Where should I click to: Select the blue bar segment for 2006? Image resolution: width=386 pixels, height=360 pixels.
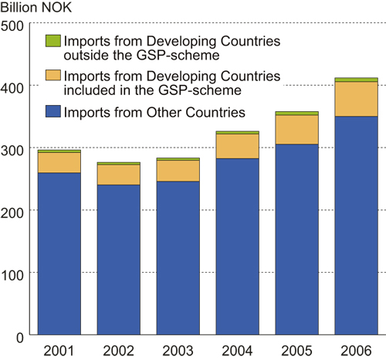(x=355, y=226)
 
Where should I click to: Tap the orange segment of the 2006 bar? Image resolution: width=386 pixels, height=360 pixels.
(x=355, y=99)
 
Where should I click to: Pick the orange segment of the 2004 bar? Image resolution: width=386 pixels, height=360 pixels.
(x=237, y=146)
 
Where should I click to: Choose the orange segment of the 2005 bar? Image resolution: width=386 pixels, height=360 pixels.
(x=296, y=130)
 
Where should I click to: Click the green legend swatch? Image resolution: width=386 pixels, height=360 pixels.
(x=52, y=40)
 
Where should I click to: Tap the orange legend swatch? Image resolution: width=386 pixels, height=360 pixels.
(x=52, y=76)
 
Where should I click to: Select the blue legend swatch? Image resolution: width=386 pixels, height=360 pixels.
(x=52, y=112)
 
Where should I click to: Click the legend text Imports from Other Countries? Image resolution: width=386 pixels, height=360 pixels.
(x=154, y=113)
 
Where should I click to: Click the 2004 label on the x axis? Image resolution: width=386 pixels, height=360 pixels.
(x=237, y=349)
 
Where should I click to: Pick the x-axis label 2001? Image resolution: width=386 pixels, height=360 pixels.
(x=59, y=349)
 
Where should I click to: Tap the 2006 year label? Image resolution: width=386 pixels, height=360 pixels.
(x=355, y=349)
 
